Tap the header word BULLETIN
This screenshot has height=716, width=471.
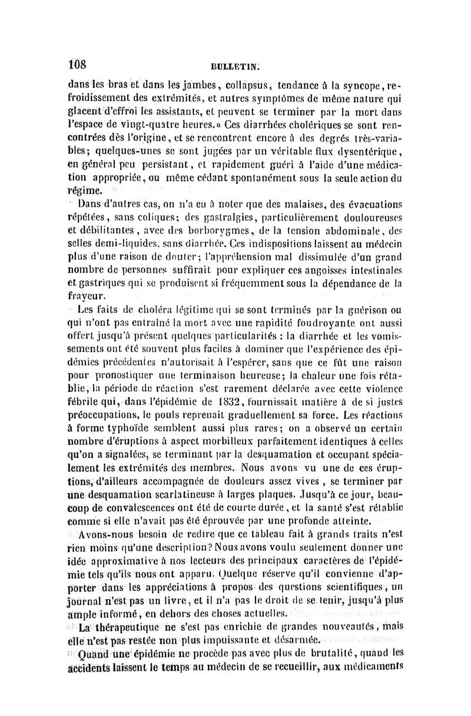(x=236, y=67)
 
